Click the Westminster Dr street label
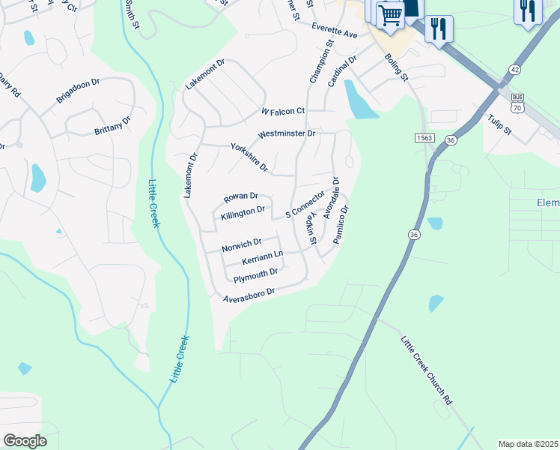pyautogui.click(x=287, y=134)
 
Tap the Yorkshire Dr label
pyautogui.click(x=249, y=157)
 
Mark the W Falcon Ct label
pyautogui.click(x=283, y=111)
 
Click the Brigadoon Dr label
pyautogui.click(x=78, y=92)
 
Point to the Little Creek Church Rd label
pyautogui.click(x=427, y=370)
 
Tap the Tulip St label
pyautogui.click(x=499, y=124)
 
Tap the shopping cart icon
pyautogui.click(x=389, y=15)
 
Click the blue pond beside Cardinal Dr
pyautogui.click(x=358, y=101)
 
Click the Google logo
pyautogui.click(x=25, y=440)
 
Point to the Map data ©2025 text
pyautogui.click(x=528, y=444)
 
